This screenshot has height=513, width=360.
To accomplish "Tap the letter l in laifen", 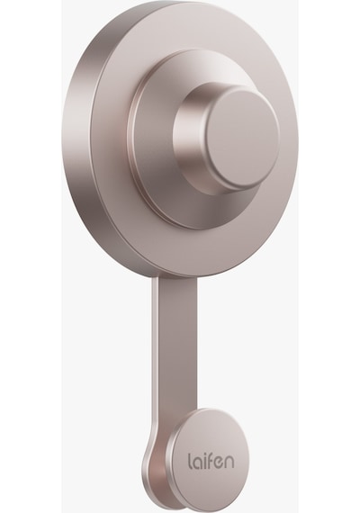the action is [190, 460].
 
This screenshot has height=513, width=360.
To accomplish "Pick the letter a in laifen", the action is [198, 463].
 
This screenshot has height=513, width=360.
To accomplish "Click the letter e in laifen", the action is [220, 463].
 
